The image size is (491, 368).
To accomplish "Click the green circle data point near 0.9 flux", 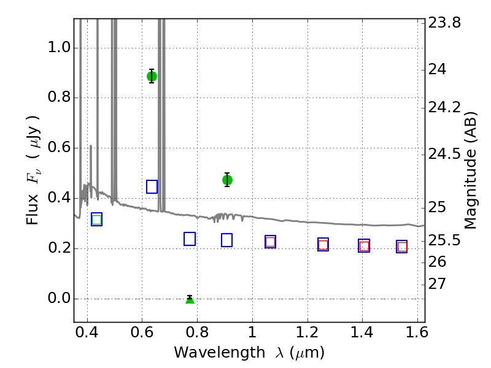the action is [152, 76].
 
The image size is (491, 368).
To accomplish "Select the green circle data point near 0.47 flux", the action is [227, 180].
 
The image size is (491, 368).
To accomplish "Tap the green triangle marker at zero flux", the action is [190, 300].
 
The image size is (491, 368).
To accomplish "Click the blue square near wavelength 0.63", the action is [152, 187].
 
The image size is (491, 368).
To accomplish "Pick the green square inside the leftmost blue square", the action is [97, 220].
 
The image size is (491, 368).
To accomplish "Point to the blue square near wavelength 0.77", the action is [190, 239].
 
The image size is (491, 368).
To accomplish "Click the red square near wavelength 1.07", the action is [270, 242].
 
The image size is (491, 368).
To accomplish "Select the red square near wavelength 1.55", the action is [402, 247].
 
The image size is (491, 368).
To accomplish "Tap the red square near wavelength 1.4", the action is [364, 247].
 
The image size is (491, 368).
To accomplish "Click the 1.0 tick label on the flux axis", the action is [59, 48].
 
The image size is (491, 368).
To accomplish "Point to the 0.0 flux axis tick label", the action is [59, 298].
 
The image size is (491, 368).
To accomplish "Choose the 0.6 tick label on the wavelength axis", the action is [142, 332].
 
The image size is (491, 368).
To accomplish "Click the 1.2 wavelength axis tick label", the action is [307, 332].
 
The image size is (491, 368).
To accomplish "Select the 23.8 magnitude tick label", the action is [444, 23].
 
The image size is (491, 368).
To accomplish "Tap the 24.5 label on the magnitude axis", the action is [444, 154].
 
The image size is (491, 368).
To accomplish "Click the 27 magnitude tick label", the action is [437, 284].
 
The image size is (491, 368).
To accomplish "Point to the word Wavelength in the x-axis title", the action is [220, 353].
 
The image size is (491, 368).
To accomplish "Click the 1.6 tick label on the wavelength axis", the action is [417, 332].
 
